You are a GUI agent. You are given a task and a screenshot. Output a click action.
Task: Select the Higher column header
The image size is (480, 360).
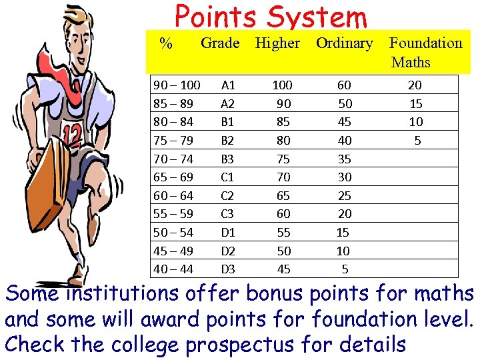pyautogui.click(x=277, y=43)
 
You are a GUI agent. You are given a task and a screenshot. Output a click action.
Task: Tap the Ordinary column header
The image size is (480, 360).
pyautogui.click(x=344, y=43)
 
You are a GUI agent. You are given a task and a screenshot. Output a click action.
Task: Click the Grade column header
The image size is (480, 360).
pyautogui.click(x=220, y=43)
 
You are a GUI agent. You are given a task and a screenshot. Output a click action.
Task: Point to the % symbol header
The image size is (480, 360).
pyautogui.click(x=166, y=44)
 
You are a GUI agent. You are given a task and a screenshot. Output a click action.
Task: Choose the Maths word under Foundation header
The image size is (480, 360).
pyautogui.click(x=411, y=63)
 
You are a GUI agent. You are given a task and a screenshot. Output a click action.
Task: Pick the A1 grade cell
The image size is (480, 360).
pyautogui.click(x=228, y=85)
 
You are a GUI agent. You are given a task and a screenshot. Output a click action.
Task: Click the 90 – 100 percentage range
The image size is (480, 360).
pyautogui.click(x=177, y=85)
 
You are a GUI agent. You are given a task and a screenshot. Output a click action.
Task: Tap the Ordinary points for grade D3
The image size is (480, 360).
pyautogui.click(x=345, y=269)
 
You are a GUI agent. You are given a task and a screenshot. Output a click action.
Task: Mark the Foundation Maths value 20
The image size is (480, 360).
pyautogui.click(x=415, y=85)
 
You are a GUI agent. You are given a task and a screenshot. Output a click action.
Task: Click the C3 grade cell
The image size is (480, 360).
pyautogui.click(x=228, y=214)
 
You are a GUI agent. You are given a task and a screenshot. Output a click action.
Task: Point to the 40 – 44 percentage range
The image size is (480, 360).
pyautogui.click(x=173, y=269)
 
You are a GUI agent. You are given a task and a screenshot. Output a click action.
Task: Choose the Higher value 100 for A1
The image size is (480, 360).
pyautogui.click(x=282, y=85)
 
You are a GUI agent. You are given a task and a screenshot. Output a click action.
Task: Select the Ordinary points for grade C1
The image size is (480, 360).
pyautogui.click(x=344, y=177)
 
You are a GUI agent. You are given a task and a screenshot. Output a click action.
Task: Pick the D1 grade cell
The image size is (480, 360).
pyautogui.click(x=228, y=233)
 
